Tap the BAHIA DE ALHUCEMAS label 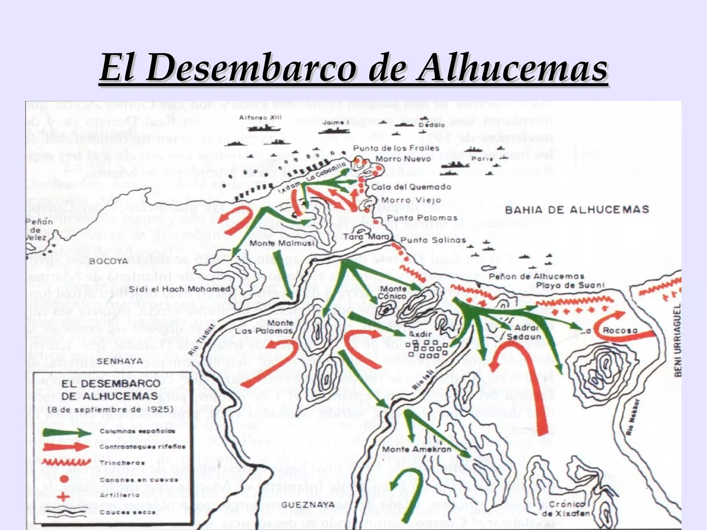577,210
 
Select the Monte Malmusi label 282,243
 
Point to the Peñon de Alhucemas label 536,276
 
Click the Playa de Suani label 570,285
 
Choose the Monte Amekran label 417,449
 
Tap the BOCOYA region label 108,261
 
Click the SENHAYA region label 115,361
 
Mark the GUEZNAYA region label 303,505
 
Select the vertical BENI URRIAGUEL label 677,340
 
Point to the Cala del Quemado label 411,187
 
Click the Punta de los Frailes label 396,148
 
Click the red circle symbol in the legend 64,479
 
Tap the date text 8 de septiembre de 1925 110,409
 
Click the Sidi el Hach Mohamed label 180,289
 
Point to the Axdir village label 420,334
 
